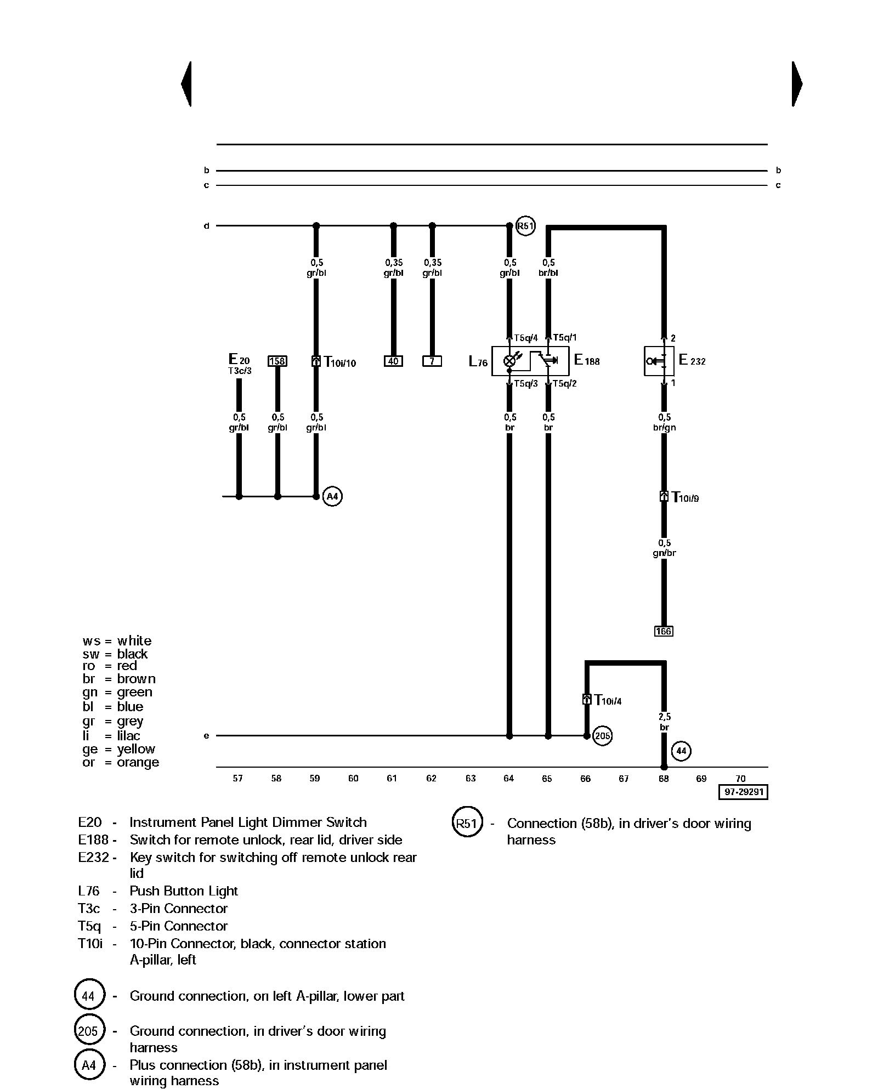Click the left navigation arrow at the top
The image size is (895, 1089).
pos(186,84)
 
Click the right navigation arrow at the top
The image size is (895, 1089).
pos(797,84)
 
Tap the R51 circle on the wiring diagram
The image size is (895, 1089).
pos(525,226)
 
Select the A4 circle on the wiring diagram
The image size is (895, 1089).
pos(332,497)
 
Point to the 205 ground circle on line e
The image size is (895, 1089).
pos(602,736)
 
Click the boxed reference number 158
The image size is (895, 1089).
pos(277,361)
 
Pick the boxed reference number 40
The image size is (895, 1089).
pos(393,361)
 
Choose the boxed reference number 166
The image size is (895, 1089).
pos(664,632)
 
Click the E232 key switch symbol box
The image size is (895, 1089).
pos(659,361)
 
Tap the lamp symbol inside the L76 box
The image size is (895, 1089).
pos(509,361)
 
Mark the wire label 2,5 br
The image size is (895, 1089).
pos(664,722)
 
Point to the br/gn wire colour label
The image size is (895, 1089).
pos(664,428)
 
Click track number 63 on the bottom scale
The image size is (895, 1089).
pos(471,779)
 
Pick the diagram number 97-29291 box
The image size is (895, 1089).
pos(743,792)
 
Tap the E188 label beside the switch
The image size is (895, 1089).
pos(587,361)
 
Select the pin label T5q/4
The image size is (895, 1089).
pos(526,338)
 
